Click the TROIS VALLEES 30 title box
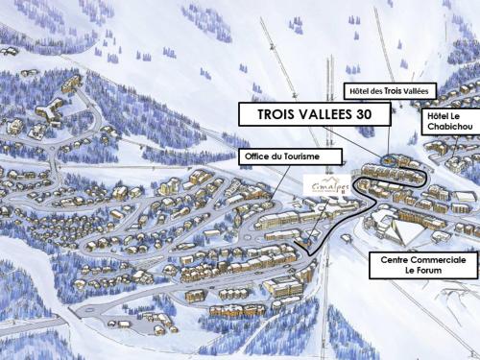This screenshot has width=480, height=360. pyautogui.click(x=314, y=114)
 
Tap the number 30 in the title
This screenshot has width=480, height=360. pyautogui.click(x=376, y=114)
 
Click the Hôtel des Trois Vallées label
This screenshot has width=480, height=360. pyautogui.click(x=391, y=91)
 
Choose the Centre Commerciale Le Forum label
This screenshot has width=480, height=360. pyautogui.click(x=423, y=265)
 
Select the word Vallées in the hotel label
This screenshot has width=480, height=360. pyautogui.click(x=420, y=91)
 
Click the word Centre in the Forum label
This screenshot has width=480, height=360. pyautogui.click(x=395, y=259)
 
